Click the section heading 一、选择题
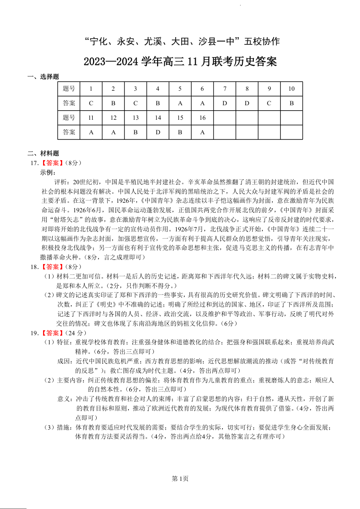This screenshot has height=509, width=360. (44, 77)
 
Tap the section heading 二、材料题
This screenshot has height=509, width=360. (44, 153)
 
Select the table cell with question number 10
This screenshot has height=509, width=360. (291, 89)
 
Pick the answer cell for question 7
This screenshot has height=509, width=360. (224, 103)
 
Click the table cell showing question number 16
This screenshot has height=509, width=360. (202, 118)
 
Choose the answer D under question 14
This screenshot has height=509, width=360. (158, 132)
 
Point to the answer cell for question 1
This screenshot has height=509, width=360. (91, 103)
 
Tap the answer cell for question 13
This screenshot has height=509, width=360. (136, 132)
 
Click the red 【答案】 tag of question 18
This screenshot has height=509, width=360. (50, 267)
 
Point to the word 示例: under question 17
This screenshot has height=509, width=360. (48, 172)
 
